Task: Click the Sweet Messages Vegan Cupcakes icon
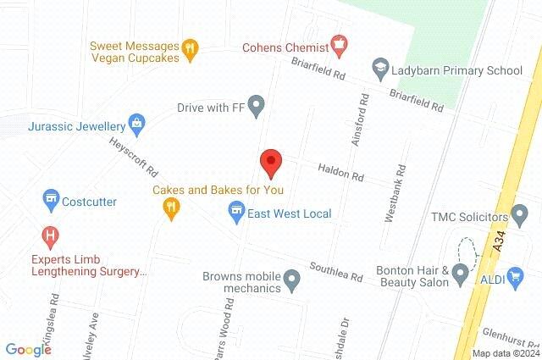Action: (190, 48)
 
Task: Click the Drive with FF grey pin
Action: (257, 107)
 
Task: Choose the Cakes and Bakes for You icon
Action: (172, 208)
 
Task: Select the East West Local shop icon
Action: (237, 213)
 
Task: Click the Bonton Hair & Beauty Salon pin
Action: (460, 273)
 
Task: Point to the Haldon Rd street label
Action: (340, 177)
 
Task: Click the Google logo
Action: (28, 349)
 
